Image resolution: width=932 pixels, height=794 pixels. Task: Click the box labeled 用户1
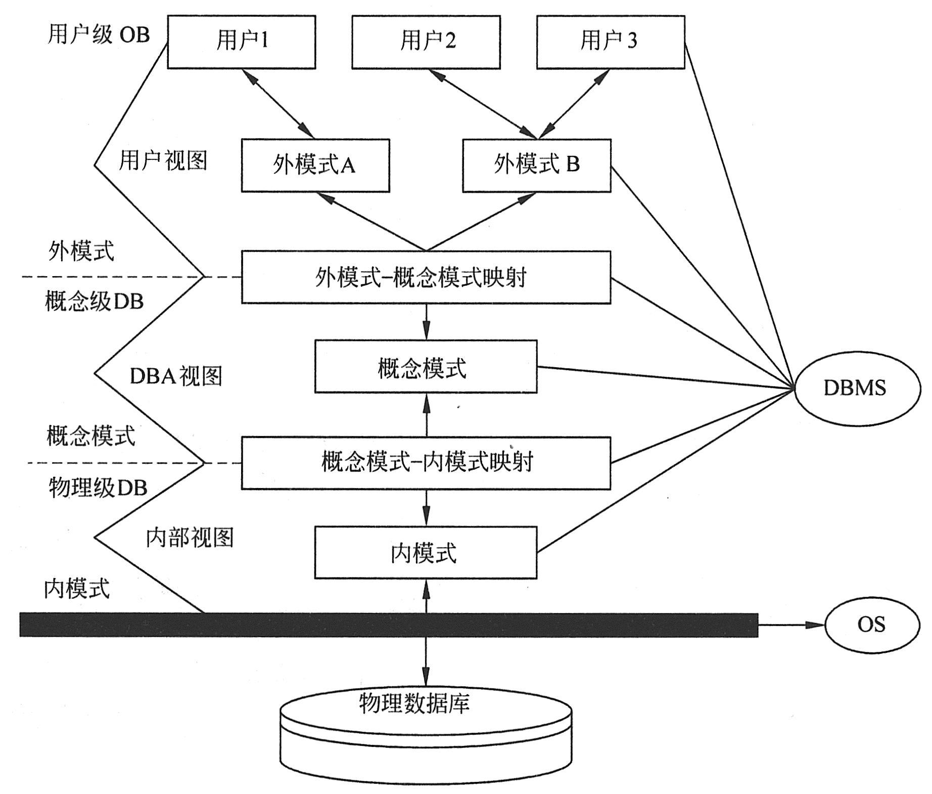coord(242,41)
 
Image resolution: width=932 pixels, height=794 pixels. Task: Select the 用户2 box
coord(426,41)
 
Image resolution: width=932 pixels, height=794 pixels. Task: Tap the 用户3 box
coord(610,41)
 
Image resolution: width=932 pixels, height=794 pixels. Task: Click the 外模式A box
coord(315,165)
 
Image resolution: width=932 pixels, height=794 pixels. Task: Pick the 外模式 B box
coord(536,165)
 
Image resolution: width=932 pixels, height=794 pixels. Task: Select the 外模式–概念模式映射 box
coord(426,277)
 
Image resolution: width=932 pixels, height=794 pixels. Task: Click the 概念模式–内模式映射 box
coord(426,463)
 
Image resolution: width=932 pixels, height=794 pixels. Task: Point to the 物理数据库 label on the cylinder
coord(414,703)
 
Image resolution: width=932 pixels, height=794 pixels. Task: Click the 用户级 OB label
coord(99,35)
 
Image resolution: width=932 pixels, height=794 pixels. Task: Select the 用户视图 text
coord(163,161)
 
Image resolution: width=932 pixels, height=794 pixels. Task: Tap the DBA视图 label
coord(176,376)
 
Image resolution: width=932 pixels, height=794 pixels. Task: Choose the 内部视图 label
coord(190,538)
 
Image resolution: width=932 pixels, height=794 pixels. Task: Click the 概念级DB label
coord(95,302)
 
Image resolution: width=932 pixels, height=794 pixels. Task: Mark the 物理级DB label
coord(98,488)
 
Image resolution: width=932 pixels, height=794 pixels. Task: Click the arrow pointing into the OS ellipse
coord(791,625)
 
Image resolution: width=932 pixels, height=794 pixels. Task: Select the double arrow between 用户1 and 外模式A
coord(278,104)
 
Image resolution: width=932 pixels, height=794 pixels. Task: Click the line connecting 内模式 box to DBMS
coord(662,471)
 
